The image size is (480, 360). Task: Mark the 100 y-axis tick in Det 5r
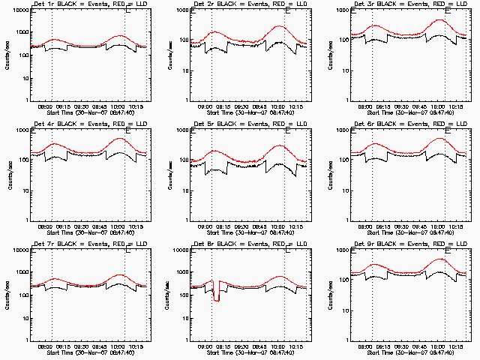(182, 160)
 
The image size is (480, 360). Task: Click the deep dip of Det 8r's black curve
(217, 299)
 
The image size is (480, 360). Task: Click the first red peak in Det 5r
(215, 151)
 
